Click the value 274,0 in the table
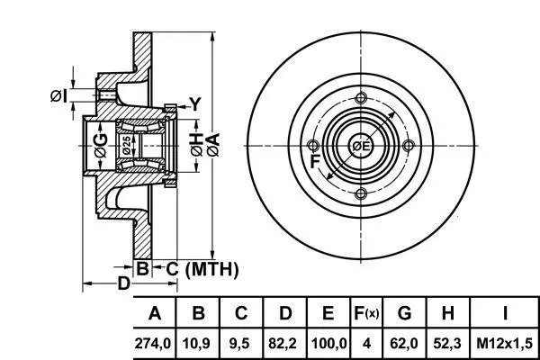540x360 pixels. [153, 344]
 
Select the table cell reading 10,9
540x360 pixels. [196, 344]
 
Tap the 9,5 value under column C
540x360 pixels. [239, 344]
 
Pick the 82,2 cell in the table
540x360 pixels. [283, 344]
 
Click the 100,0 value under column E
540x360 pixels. [328, 344]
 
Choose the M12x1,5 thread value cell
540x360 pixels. [505, 344]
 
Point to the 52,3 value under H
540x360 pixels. [447, 344]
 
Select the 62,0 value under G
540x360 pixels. [404, 344]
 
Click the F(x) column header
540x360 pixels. [366, 313]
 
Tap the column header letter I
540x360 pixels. [505, 313]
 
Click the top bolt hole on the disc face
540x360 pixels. [361, 98]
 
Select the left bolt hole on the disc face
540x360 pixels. [312, 146]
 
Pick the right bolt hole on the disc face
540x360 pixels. [409, 146]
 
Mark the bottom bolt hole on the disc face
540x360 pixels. [361, 193]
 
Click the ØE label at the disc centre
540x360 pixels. [361, 146]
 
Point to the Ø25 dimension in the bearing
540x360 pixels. [126, 145]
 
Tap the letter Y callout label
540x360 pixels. [195, 104]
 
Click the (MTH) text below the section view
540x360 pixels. [211, 269]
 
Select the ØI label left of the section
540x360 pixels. [58, 95]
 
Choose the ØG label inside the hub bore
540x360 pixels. [101, 146]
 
